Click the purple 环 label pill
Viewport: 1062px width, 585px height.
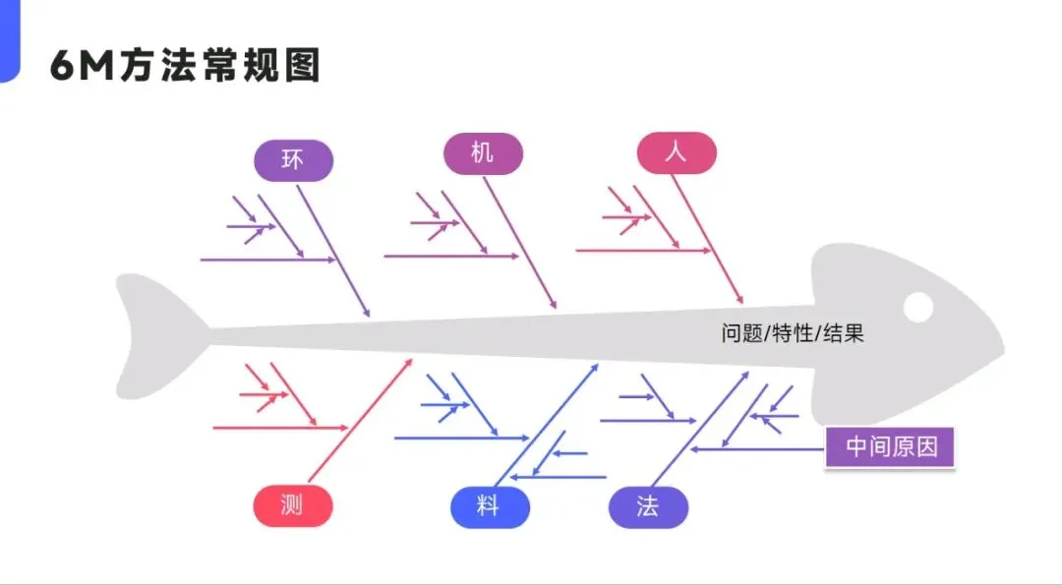click(x=293, y=160)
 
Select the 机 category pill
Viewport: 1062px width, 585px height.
click(x=483, y=153)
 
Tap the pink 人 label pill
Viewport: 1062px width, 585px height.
click(x=677, y=153)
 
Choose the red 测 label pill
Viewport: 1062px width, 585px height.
click(x=293, y=505)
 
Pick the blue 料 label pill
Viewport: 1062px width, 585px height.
click(x=490, y=507)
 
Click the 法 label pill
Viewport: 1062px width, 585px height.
click(x=648, y=507)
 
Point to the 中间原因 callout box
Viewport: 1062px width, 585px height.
click(x=889, y=447)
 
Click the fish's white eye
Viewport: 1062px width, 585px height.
click(x=918, y=308)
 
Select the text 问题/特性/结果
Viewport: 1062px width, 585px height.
click(x=793, y=334)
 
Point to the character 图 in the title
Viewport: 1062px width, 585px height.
click(x=302, y=66)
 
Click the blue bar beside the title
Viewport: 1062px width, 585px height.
click(x=10, y=40)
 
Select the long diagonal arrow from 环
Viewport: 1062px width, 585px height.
click(x=333, y=251)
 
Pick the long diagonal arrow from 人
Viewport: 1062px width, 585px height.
click(x=708, y=239)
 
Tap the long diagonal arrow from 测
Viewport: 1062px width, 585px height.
click(x=360, y=421)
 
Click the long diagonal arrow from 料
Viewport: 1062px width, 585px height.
click(x=547, y=425)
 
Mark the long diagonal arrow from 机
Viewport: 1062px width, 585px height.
click(x=519, y=243)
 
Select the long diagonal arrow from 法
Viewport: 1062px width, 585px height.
click(x=700, y=429)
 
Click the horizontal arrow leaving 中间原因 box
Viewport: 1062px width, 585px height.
click(x=758, y=449)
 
